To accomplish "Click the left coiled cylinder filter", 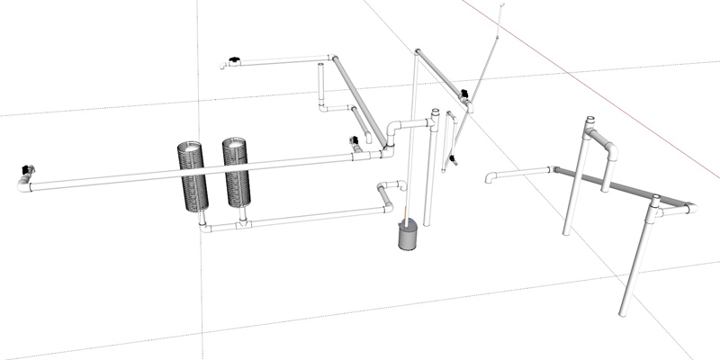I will coord(194,175).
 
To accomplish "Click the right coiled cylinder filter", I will coord(237,173).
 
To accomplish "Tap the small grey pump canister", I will coord(409,237).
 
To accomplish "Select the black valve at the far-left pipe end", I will coord(26,169).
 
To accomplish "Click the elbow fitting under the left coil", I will coord(204,225).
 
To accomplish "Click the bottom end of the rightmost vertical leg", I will coord(623,312).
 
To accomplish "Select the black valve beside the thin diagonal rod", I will coord(464,94).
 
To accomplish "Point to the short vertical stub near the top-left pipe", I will coord(321,85).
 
